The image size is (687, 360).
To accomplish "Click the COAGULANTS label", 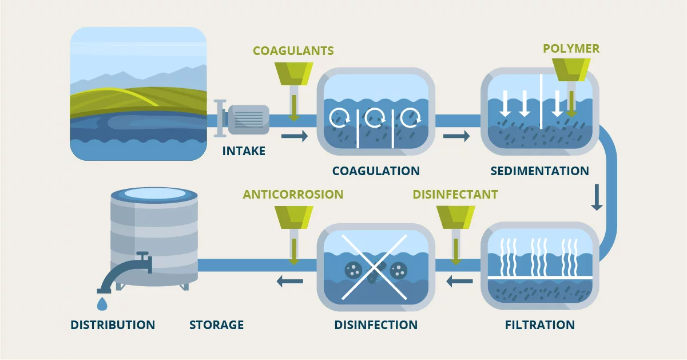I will [x=293, y=51].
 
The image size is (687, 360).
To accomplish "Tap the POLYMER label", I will [x=571, y=48].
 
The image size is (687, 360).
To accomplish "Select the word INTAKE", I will [x=244, y=151].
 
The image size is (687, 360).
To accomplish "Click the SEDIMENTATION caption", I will [x=539, y=171].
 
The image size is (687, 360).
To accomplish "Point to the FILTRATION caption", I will [x=539, y=325].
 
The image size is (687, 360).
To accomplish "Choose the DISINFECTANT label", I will [x=455, y=195].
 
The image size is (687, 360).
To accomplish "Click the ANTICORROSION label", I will [x=293, y=195].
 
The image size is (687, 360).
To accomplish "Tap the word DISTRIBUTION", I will [x=113, y=325].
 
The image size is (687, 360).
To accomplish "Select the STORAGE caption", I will [x=216, y=325].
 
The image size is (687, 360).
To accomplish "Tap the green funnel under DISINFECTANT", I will [x=455, y=216].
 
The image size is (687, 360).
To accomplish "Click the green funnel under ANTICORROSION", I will [x=293, y=216].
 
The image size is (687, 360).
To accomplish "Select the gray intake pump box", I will [x=248, y=120].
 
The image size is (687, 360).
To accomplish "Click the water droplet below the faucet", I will [x=102, y=303].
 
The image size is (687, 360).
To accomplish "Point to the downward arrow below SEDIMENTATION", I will [x=597, y=197].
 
